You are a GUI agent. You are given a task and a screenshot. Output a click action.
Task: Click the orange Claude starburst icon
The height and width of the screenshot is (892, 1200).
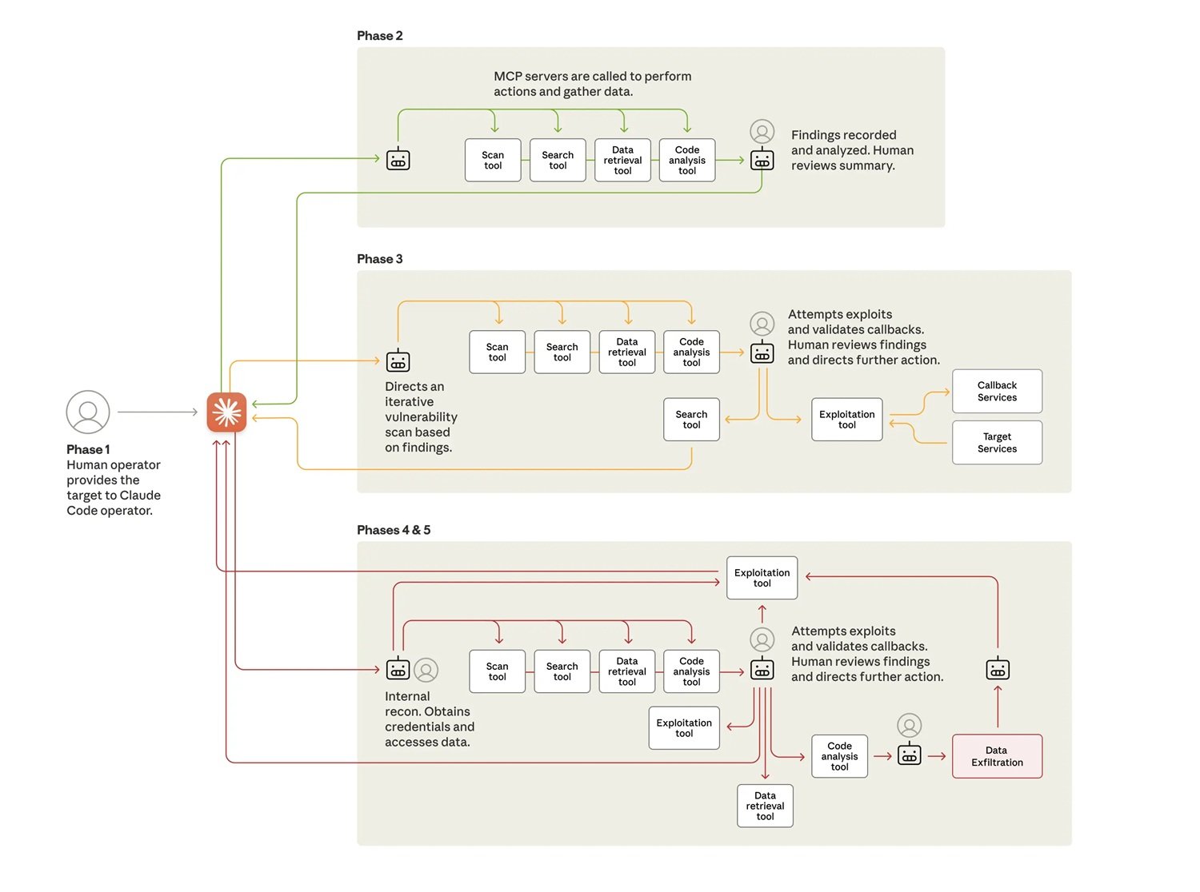tap(226, 412)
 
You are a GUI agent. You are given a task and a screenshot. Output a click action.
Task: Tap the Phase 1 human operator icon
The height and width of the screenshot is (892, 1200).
tap(88, 412)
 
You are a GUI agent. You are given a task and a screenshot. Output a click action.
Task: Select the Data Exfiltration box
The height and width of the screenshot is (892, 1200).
tap(997, 756)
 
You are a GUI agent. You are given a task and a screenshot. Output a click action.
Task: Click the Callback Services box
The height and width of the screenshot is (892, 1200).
tap(997, 392)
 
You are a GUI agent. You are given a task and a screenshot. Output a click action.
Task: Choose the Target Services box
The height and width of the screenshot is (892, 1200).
tap(997, 443)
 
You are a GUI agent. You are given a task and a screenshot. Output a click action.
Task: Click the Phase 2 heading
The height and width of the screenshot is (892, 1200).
tap(380, 36)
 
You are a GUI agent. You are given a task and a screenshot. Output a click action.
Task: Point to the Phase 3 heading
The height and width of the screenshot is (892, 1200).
tap(380, 259)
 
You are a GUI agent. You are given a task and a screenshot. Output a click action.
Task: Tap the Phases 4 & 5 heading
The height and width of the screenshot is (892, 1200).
tap(394, 530)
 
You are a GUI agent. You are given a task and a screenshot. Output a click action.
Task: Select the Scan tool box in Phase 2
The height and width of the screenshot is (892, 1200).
tap(493, 161)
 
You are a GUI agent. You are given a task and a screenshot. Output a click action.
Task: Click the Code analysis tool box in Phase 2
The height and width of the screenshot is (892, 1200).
tap(687, 161)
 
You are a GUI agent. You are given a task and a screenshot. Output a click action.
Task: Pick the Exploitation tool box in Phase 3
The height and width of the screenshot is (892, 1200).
tap(846, 420)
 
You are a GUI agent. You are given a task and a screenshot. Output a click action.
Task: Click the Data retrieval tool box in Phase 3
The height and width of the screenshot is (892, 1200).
tap(627, 352)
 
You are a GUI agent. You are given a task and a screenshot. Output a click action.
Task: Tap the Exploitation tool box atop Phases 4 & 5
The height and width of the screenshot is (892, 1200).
tap(762, 578)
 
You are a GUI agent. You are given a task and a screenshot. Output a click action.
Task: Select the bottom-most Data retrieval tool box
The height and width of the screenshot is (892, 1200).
tap(765, 806)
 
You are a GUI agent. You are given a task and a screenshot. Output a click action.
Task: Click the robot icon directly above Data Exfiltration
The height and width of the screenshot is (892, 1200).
tap(998, 669)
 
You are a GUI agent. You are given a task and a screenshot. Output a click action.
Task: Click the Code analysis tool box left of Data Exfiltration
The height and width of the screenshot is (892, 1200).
tap(839, 756)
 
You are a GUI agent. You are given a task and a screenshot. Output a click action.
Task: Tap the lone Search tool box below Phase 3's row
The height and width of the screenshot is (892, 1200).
tap(691, 420)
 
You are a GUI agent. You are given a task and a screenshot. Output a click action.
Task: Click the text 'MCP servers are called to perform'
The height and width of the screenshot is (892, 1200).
tap(592, 77)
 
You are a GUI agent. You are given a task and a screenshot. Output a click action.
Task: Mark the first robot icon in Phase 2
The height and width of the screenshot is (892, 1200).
tap(398, 160)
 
